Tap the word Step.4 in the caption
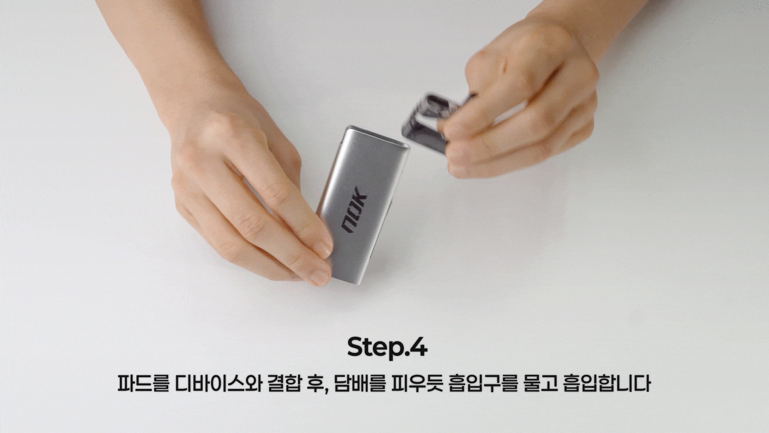(387, 347)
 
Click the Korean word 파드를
(143, 384)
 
